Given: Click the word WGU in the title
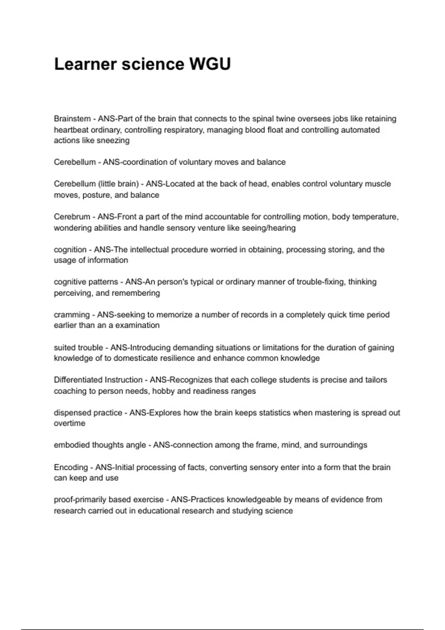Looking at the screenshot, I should (210, 64).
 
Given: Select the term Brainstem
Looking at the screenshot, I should (72, 119).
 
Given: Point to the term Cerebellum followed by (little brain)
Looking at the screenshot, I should (75, 184).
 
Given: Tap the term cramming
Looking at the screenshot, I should (72, 315).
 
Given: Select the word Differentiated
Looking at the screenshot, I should (78, 380).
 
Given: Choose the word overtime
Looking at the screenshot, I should (69, 424).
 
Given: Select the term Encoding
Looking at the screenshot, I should (71, 467).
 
